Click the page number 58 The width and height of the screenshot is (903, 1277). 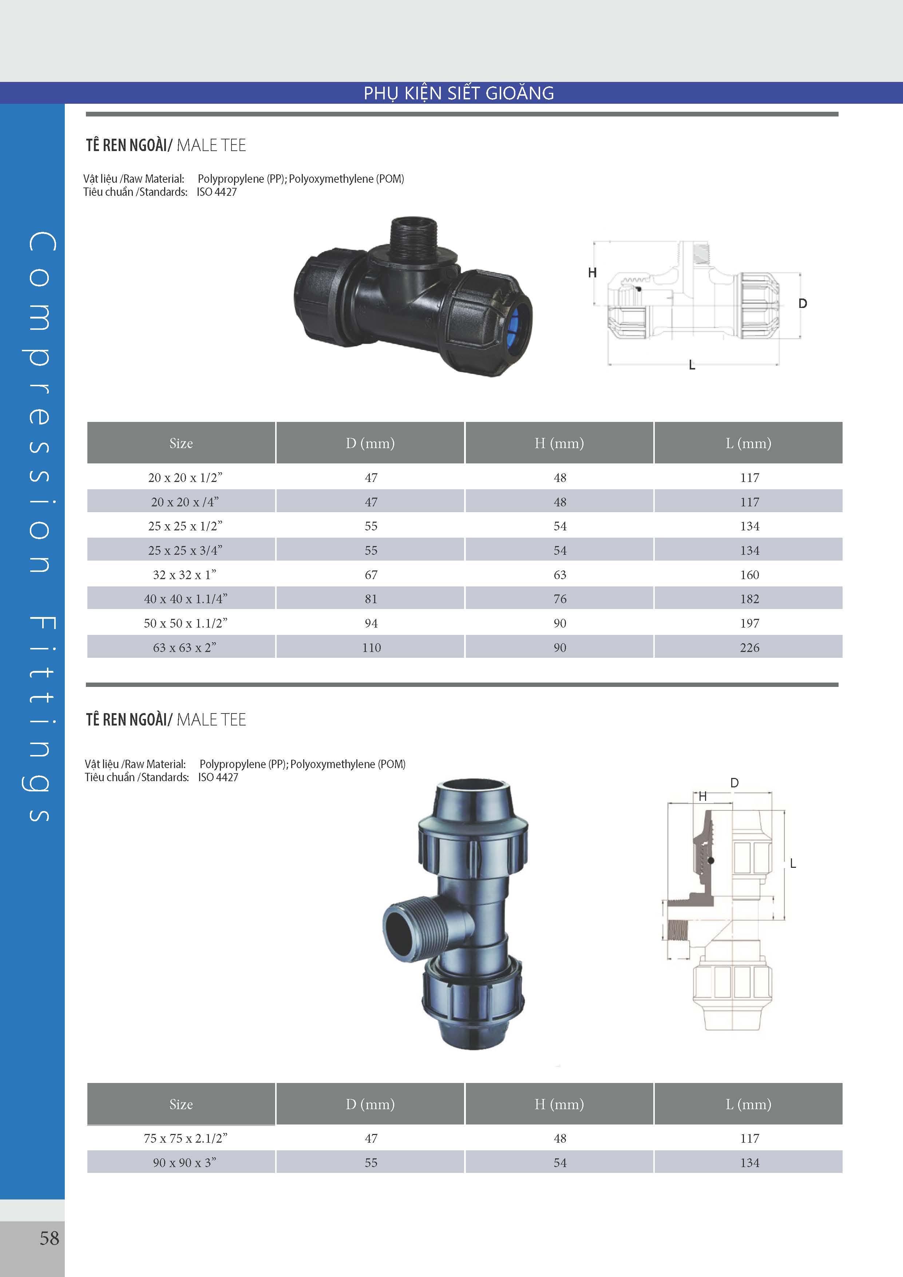point(49,1238)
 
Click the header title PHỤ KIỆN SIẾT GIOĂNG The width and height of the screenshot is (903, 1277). point(459,93)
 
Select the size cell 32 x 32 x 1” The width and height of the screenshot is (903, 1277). point(185,574)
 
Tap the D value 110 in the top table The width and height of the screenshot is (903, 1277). point(372,647)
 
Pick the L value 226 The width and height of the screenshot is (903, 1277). point(749,647)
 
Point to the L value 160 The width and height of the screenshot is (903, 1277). point(749,574)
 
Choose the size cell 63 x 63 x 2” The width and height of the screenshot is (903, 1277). point(185,647)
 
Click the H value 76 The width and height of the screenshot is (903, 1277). point(560,599)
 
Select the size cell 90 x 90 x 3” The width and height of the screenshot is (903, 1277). point(185,1162)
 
